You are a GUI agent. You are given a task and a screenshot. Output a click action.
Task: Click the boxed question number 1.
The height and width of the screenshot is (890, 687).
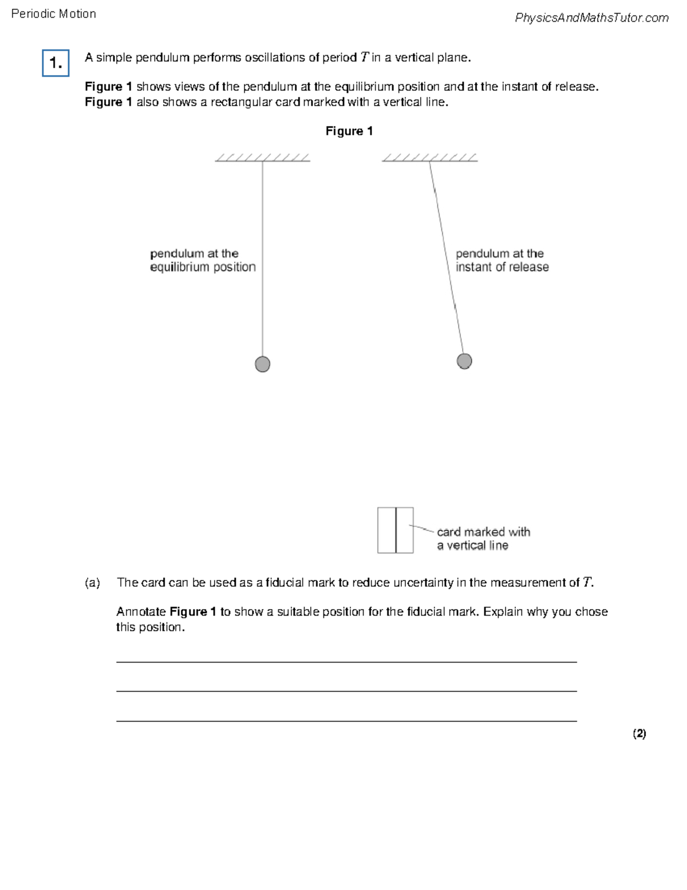56,63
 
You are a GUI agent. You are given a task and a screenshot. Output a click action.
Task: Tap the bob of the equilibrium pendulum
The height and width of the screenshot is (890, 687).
262,364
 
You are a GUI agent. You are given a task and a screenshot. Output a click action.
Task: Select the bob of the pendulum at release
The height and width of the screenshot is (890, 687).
464,361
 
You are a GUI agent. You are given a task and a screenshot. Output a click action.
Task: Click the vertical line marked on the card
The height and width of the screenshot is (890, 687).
396,530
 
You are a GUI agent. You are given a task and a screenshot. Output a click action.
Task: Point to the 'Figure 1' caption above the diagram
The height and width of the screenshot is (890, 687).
349,131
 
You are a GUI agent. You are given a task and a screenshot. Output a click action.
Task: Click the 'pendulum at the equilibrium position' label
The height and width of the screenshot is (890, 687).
203,260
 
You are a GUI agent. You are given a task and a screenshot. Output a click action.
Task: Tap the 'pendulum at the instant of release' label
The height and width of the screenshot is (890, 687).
502,260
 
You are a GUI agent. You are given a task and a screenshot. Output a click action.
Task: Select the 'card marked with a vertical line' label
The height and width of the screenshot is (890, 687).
483,539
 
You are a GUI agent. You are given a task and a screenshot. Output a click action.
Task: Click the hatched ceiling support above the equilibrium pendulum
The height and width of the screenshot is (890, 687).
262,158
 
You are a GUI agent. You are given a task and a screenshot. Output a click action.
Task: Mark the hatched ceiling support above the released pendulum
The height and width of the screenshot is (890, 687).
429,158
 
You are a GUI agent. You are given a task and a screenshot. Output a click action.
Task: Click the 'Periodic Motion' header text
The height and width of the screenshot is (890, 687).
53,14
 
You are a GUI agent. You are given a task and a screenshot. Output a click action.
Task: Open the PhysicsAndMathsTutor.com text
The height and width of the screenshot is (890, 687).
591,18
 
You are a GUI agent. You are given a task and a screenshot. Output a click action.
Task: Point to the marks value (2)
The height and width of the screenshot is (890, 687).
639,734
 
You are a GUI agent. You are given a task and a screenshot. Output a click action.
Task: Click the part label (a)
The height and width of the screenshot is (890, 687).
92,583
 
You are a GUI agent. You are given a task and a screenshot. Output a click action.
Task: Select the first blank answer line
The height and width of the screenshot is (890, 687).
346,661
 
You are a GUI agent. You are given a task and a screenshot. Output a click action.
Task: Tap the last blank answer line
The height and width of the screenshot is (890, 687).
346,720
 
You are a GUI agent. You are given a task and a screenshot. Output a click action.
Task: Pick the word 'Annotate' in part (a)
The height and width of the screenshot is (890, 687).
141,612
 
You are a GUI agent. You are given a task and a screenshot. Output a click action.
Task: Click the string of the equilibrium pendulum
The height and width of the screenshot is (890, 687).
262,258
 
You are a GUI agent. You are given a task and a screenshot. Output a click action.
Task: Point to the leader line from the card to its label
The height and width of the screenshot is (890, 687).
423,528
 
